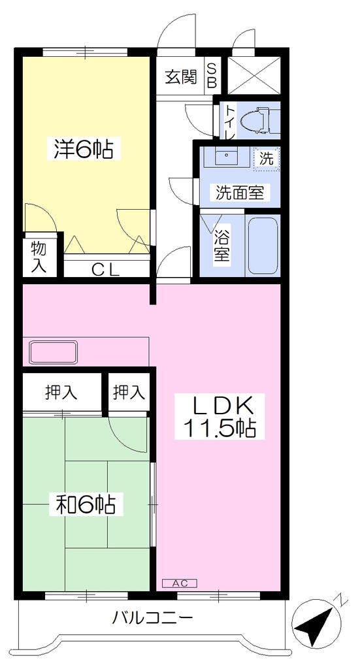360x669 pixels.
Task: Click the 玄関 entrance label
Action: [x=181, y=77]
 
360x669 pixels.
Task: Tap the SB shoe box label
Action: [x=212, y=76]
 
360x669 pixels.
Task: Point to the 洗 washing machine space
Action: [x=267, y=159]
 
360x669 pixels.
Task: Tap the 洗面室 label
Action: [x=242, y=193]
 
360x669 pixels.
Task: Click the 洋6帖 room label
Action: [x=84, y=149]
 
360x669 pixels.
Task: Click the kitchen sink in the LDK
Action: [x=53, y=352]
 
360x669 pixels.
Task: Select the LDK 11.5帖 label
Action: [x=220, y=416]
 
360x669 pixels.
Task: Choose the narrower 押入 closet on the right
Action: [x=129, y=392]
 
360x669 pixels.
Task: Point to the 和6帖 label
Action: [x=86, y=505]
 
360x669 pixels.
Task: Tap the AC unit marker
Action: [x=180, y=583]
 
